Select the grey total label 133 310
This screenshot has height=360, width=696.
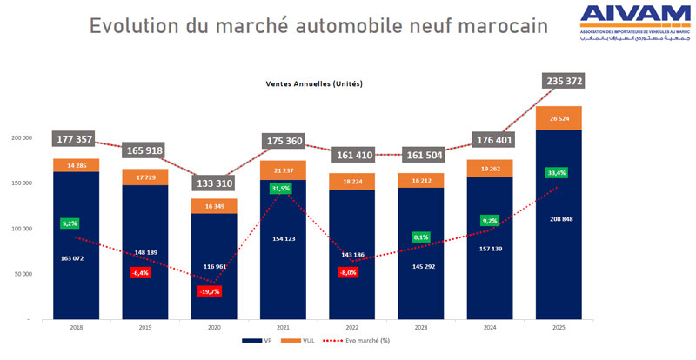tap(214, 183)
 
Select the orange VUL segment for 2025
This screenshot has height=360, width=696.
tap(559, 117)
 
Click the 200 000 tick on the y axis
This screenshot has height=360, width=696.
tap(20, 137)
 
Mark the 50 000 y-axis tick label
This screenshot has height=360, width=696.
tap(22, 274)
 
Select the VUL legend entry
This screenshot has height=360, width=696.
tap(307, 340)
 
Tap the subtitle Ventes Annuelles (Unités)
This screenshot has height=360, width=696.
tap(314, 84)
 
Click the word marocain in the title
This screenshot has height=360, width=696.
tap(492, 26)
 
